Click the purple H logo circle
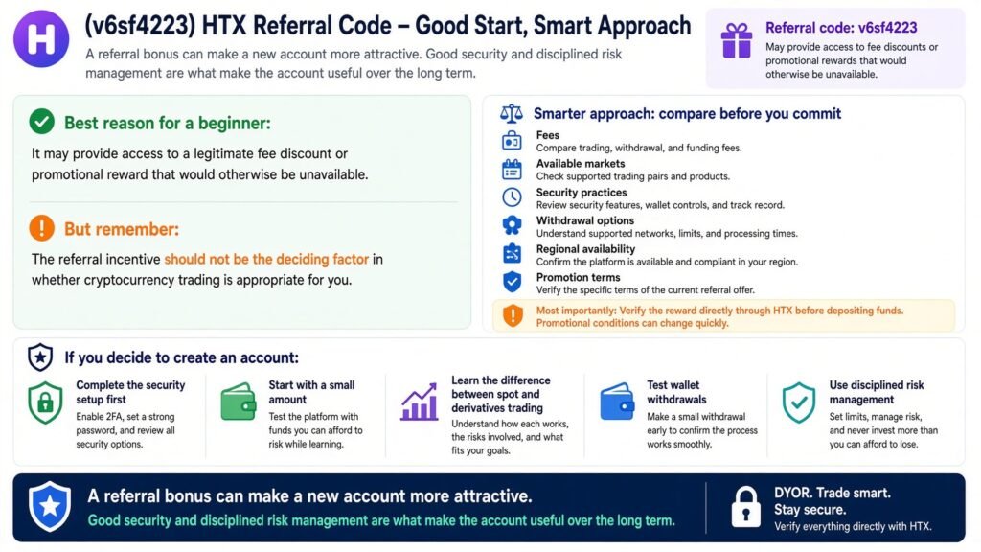(x=41, y=38)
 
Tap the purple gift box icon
(x=737, y=40)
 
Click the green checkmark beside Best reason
(x=42, y=122)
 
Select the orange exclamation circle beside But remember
(x=42, y=228)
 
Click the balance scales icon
(x=512, y=113)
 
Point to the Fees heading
(x=547, y=135)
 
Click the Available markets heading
(x=580, y=163)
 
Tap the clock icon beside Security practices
(x=512, y=197)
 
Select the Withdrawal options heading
(x=585, y=220)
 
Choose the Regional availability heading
(x=585, y=248)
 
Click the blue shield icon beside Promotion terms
(x=512, y=282)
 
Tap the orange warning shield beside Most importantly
(x=513, y=315)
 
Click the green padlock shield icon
(x=45, y=402)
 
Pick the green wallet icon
(x=239, y=402)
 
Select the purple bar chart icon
(x=420, y=402)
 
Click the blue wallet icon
(x=617, y=402)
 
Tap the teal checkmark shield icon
(x=799, y=402)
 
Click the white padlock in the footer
(x=745, y=507)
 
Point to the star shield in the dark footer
(x=50, y=506)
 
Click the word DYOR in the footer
(x=792, y=493)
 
